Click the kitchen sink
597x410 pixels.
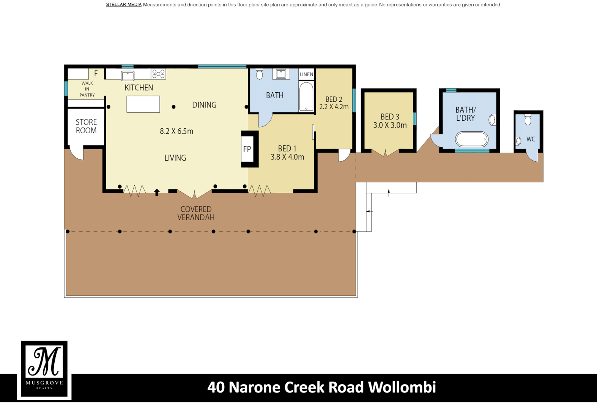coord(128,76)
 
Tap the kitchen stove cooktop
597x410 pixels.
coord(158,74)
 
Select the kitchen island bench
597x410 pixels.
coord(143,104)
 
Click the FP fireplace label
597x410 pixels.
coord(247,149)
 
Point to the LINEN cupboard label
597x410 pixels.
coord(306,74)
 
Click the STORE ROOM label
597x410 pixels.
coord(86,126)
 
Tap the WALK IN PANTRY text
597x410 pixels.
coord(87,89)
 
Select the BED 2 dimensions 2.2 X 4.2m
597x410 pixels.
coord(334,107)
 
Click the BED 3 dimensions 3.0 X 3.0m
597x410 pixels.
coord(390,125)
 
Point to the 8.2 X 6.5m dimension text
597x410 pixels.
coord(176,131)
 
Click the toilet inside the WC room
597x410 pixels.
coord(528,120)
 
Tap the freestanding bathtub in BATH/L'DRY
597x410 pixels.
coord(472,139)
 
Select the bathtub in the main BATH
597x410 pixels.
coord(306,97)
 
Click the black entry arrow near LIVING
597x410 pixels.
coord(157,192)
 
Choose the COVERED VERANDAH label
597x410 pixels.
coord(196,213)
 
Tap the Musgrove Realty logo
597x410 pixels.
coord(44,369)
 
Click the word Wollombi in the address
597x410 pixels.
coord(402,387)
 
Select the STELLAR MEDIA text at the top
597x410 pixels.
coord(123,5)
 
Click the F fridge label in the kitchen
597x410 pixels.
coord(96,74)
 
